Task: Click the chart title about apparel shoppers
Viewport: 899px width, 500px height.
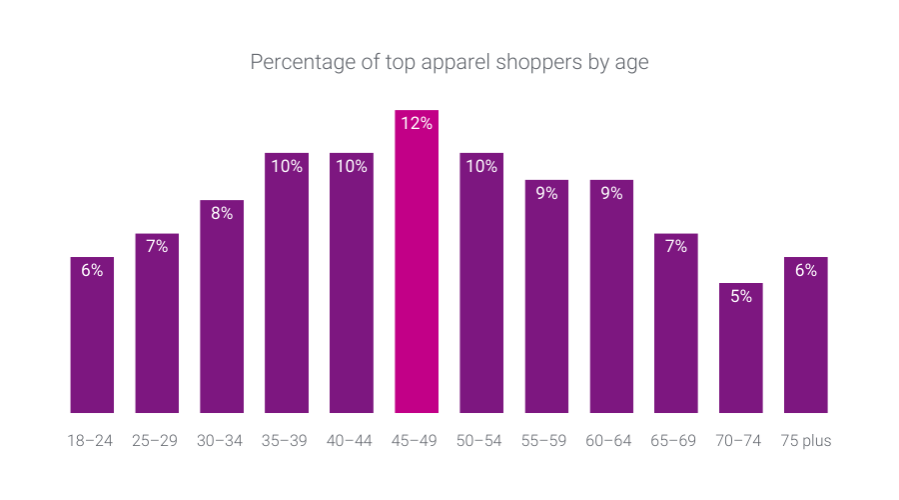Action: (x=449, y=62)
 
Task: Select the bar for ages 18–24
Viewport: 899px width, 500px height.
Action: (x=92, y=340)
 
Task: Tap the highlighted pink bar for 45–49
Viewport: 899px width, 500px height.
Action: (x=417, y=270)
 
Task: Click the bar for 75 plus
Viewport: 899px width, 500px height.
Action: (x=806, y=340)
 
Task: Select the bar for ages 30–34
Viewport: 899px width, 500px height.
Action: (x=222, y=310)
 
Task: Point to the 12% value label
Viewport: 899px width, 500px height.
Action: (x=417, y=124)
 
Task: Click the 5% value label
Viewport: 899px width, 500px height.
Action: (x=741, y=296)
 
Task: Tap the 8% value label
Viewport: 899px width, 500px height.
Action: (x=222, y=213)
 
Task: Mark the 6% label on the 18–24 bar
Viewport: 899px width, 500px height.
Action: (x=92, y=270)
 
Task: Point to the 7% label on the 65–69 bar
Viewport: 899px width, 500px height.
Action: (x=676, y=246)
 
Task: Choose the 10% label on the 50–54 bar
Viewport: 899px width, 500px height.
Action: (x=481, y=166)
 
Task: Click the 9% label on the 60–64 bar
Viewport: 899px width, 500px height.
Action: (x=611, y=193)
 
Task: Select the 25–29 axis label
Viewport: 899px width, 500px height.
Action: (x=157, y=441)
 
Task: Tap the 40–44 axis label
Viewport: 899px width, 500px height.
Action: (x=352, y=441)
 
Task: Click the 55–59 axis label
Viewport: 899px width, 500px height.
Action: (x=546, y=441)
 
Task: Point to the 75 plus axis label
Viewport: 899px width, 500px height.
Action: (x=806, y=441)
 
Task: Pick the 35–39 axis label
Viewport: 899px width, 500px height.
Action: (x=287, y=441)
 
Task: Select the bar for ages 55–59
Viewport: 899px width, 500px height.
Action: (x=546, y=300)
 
